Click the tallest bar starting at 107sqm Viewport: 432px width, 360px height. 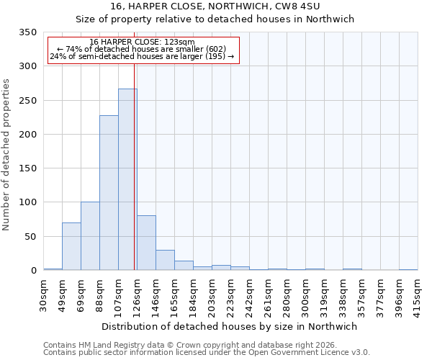pyautogui.click(x=127, y=180)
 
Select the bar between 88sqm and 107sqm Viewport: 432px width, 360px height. pyautogui.click(x=109, y=193)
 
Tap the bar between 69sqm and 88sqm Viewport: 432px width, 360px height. pyautogui.click(x=90, y=236)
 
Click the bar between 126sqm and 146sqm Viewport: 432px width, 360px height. pyautogui.click(x=146, y=243)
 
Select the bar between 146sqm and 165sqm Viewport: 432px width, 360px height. pyautogui.click(x=165, y=261)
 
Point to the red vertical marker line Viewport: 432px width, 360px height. pyautogui.click(x=135, y=166)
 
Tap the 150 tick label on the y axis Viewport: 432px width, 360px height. pyautogui.click(x=28, y=168)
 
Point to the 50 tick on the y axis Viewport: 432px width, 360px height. pyautogui.click(x=31, y=236)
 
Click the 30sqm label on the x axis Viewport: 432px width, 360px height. pyautogui.click(x=43, y=292)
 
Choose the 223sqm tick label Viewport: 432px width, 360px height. pyautogui.click(x=230, y=294)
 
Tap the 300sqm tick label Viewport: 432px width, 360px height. pyautogui.click(x=305, y=294)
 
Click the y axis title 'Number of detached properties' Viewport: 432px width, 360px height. pyautogui.click(x=7, y=155)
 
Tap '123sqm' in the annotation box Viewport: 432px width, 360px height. pyautogui.click(x=179, y=42)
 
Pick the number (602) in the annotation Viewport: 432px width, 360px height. pyautogui.click(x=217, y=49)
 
